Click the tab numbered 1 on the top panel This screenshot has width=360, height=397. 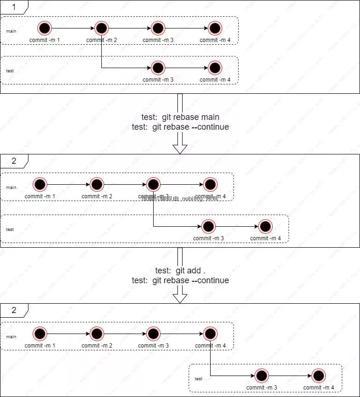(x=14, y=7)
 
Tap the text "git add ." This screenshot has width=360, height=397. (x=191, y=271)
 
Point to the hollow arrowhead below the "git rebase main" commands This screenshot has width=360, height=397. (x=180, y=149)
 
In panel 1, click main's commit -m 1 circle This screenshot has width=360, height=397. (x=45, y=28)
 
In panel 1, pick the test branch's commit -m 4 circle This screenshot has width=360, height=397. (x=215, y=68)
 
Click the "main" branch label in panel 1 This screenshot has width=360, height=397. (x=11, y=31)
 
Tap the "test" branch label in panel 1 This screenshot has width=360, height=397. (x=10, y=71)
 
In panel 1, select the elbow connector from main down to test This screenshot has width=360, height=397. (x=102, y=56)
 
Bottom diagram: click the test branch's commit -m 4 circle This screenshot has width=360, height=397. (x=318, y=376)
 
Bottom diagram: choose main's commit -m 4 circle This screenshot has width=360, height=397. (x=210, y=334)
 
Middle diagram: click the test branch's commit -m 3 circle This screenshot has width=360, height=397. (x=209, y=227)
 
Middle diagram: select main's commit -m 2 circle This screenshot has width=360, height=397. (x=97, y=185)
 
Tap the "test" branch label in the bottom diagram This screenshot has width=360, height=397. (x=198, y=379)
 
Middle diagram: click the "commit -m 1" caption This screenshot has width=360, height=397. (x=40, y=196)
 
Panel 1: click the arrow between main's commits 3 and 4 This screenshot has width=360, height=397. (x=186, y=28)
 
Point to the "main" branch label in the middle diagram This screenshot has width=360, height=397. (x=11, y=188)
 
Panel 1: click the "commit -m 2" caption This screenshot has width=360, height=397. (x=101, y=40)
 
